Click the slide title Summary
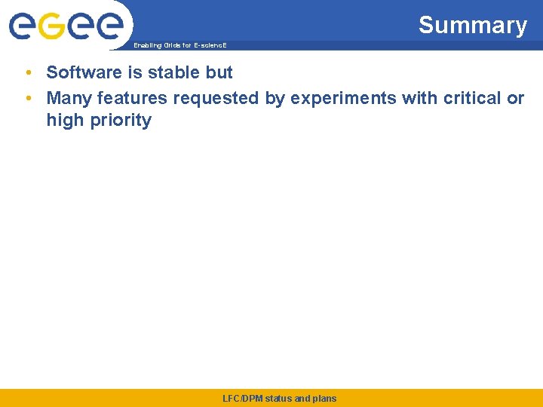[x=472, y=25]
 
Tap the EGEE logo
[x=66, y=26]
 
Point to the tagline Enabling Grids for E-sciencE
[x=179, y=46]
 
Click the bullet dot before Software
[x=27, y=73]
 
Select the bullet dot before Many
[x=27, y=98]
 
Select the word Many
[x=69, y=98]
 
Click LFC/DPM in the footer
[x=242, y=398]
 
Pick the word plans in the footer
[x=324, y=398]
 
